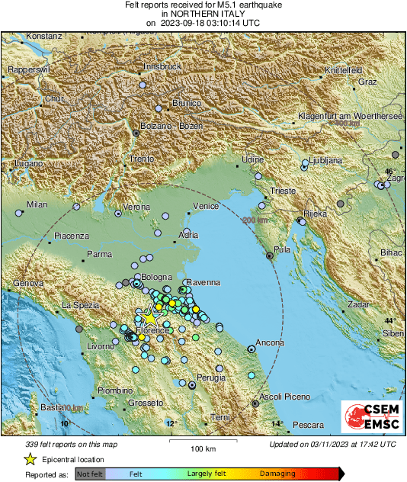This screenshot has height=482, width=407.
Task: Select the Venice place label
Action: pos(206,207)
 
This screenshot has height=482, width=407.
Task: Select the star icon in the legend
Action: pos(30,459)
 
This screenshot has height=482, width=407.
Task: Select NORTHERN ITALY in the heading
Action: pos(203,14)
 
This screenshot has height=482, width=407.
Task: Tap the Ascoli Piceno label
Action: pos(287,397)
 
